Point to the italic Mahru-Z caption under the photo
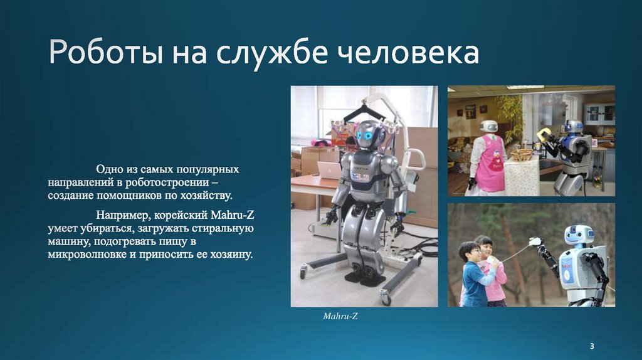(340, 317)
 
